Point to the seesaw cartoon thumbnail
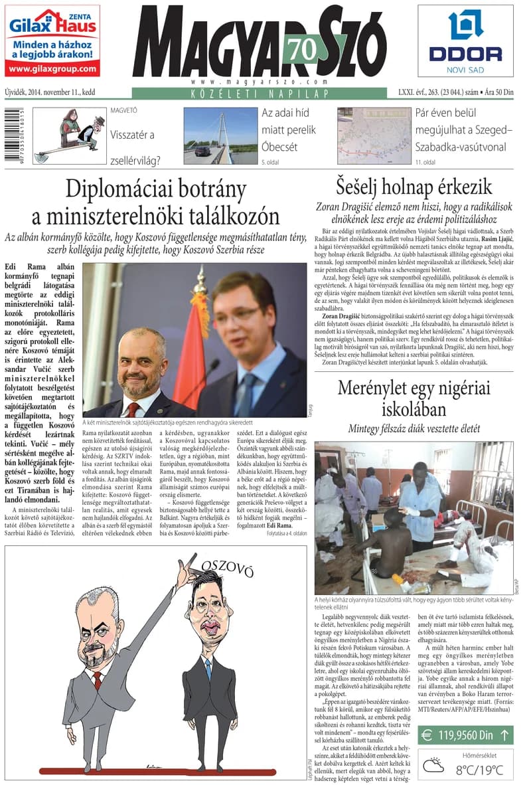pyautogui.click(x=70, y=135)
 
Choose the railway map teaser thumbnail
pyautogui.click(x=374, y=135)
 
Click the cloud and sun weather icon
pyautogui.click(x=435, y=766)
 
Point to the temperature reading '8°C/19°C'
pyautogui.click(x=481, y=770)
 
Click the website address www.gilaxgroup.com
pyautogui.click(x=52, y=68)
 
